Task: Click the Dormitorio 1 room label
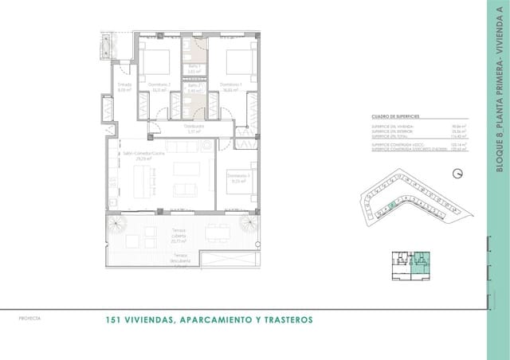231,86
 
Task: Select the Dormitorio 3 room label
237,177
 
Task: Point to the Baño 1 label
194,69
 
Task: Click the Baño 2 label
194,89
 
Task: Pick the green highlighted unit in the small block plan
421,258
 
